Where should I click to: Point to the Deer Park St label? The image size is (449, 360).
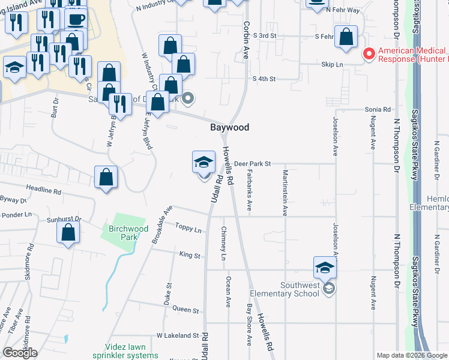pos(253,163)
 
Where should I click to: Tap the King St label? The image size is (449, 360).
pos(189,255)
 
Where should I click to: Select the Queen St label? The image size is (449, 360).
pos(185,310)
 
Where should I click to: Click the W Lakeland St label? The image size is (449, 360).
pos(177,335)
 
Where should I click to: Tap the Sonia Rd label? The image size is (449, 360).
pos(378,110)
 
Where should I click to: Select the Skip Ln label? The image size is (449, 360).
pos(331,64)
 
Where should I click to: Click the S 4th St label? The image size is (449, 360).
pos(264,79)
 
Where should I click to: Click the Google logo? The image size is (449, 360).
pos(20,352)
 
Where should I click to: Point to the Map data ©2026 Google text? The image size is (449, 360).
pos(411,355)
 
